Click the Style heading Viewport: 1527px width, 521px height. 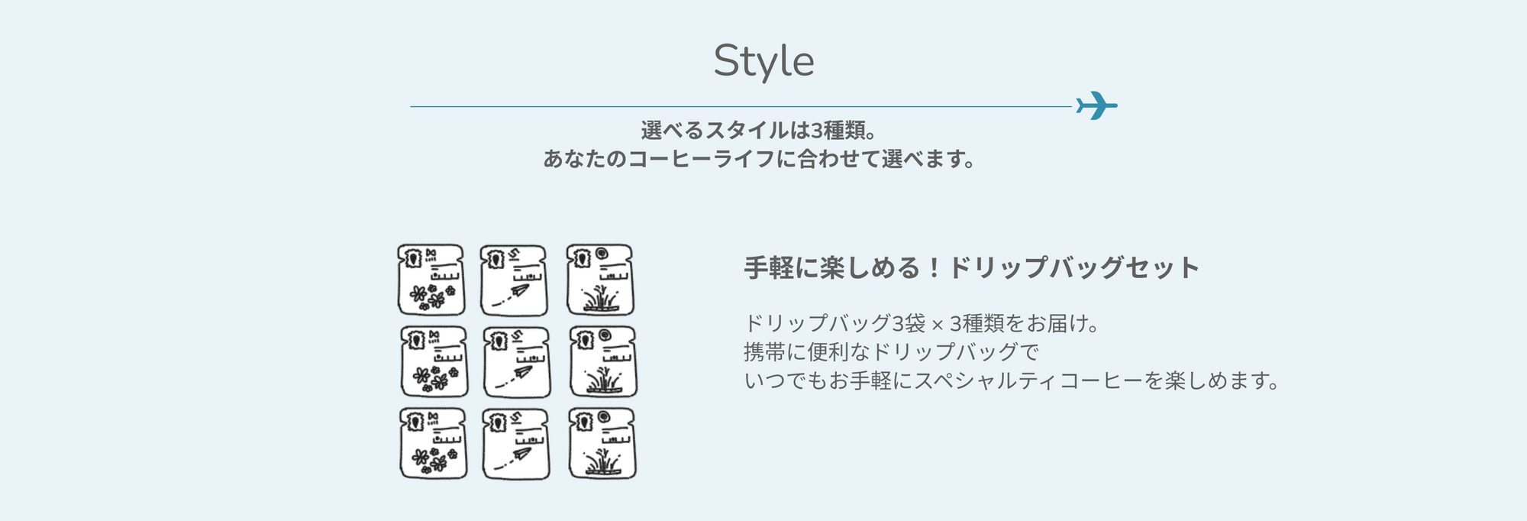tap(763, 61)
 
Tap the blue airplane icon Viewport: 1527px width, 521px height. tap(1096, 105)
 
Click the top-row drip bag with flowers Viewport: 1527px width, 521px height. tap(431, 280)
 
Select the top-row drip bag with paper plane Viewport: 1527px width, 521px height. tap(514, 280)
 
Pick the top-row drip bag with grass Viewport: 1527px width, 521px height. tap(600, 280)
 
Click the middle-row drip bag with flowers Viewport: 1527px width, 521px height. tap(434, 362)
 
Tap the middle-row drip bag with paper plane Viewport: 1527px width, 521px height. tap(517, 362)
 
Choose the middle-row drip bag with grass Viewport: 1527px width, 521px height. tap(604, 362)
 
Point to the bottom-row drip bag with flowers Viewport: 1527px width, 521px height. tap(434, 444)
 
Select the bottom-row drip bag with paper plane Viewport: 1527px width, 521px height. tap(516, 444)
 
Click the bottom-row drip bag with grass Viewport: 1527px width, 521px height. tap(602, 444)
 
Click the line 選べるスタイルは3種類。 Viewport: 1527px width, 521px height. tap(760, 131)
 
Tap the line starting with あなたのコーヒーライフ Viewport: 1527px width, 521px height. tap(760, 159)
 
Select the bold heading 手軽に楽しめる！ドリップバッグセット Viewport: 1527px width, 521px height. tap(972, 268)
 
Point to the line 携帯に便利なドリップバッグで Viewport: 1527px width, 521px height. tap(892, 352)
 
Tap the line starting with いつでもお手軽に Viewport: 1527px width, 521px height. tap(1012, 380)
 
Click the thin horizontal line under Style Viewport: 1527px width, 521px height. tap(742, 107)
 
